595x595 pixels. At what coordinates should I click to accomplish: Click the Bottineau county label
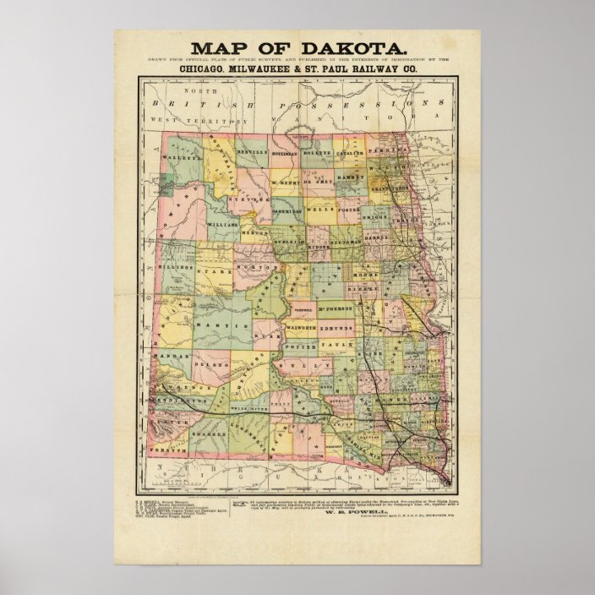pyautogui.click(x=287, y=155)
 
